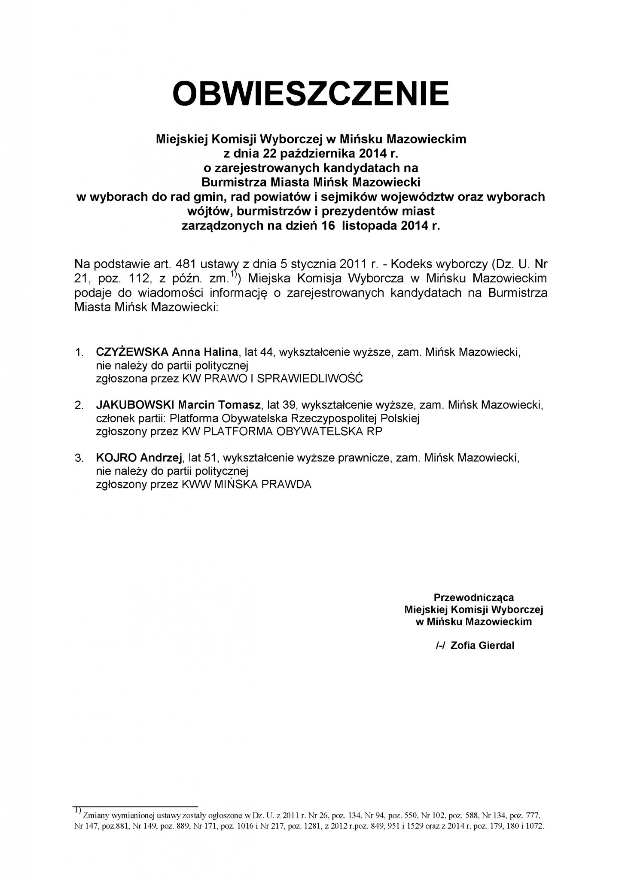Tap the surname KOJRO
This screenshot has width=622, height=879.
point(113,458)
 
